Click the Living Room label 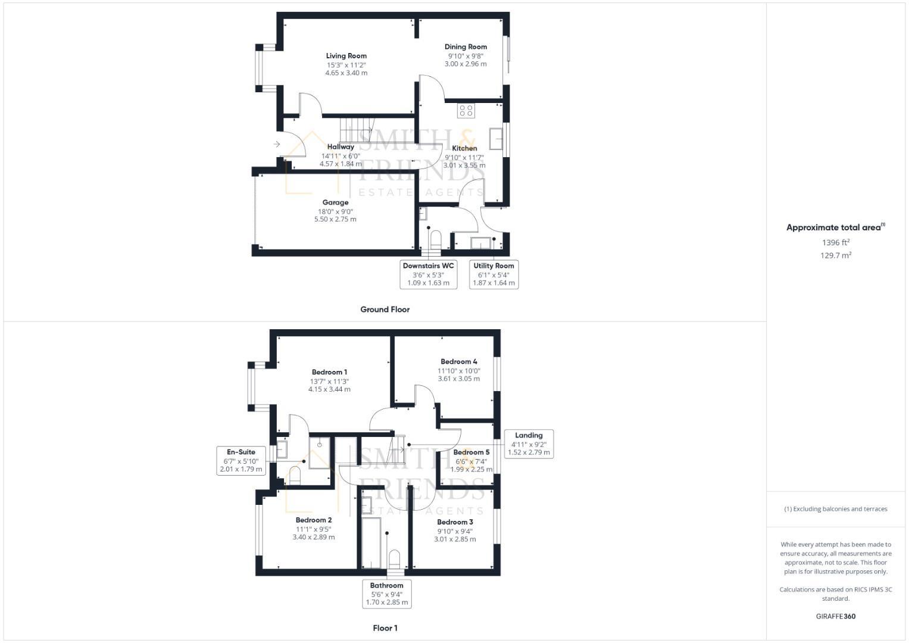[x=346, y=56]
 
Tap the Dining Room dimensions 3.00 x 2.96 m [x=466, y=64]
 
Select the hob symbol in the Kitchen [x=466, y=110]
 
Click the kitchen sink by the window [x=495, y=138]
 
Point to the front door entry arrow [x=277, y=144]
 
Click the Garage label [x=335, y=202]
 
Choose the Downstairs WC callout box [x=428, y=274]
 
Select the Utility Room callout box [x=493, y=274]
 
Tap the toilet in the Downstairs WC [x=435, y=239]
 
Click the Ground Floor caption [x=385, y=310]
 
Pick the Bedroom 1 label [x=329, y=372]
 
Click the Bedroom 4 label [x=458, y=361]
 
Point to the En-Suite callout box [x=241, y=460]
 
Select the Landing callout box [x=529, y=444]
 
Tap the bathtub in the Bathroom [x=371, y=542]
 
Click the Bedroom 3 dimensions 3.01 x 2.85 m [x=455, y=539]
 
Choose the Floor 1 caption [x=385, y=628]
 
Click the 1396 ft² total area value [x=835, y=242]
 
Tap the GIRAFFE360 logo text [x=835, y=616]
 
